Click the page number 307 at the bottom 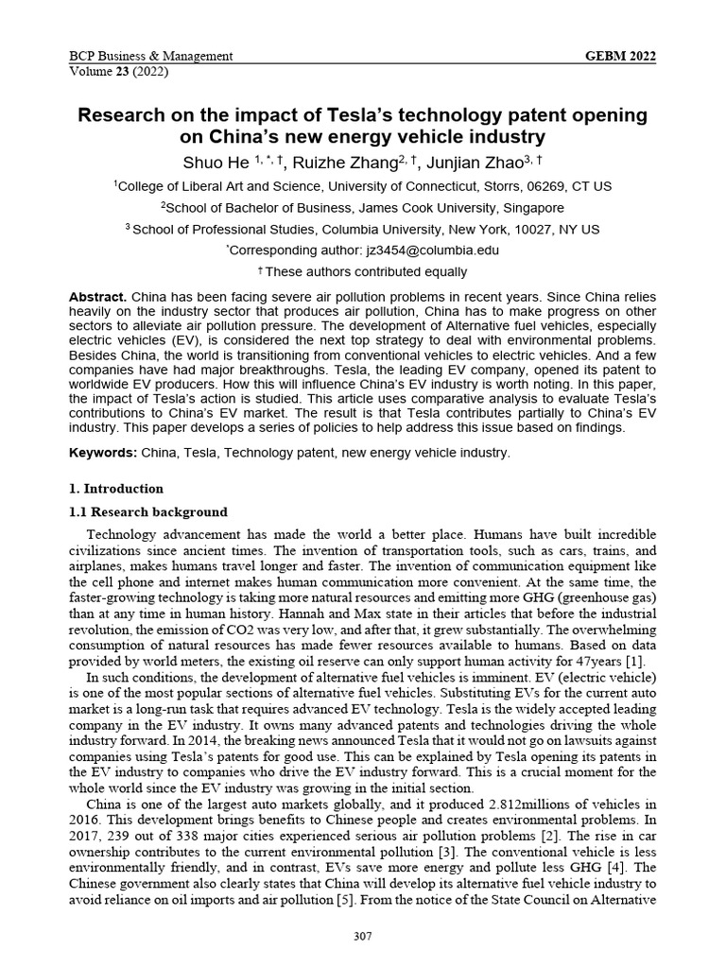click(x=362, y=936)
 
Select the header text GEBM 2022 click(x=621, y=57)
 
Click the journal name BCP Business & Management click(x=151, y=57)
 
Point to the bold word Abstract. click(x=97, y=297)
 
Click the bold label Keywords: click(x=103, y=453)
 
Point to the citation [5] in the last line click(x=345, y=900)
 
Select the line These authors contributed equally click(x=368, y=272)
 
